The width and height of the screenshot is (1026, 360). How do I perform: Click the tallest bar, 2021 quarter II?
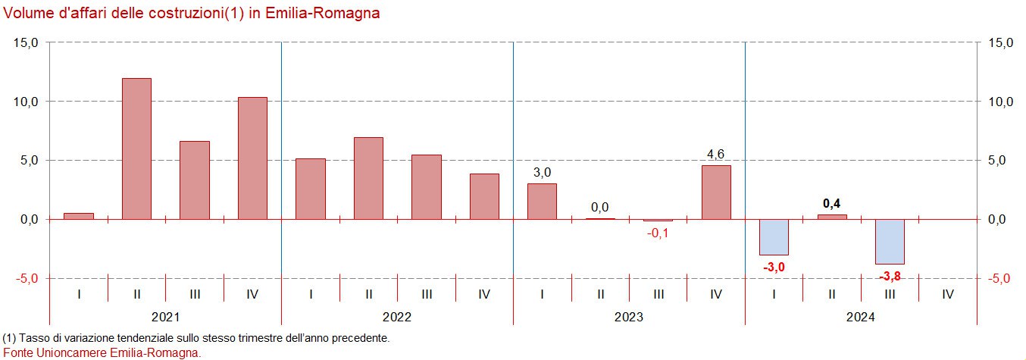136,149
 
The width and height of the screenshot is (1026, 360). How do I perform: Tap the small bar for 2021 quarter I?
79,216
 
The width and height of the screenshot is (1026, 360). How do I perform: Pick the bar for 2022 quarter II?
369,178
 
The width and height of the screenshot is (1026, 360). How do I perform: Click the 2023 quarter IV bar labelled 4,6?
716,192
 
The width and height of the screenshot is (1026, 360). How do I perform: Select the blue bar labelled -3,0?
774,237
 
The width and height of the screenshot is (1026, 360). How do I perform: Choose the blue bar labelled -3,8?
890,241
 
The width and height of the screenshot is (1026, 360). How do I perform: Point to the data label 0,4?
832,203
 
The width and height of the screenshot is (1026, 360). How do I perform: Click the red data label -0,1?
658,233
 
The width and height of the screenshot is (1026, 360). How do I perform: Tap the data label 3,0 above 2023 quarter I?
542,173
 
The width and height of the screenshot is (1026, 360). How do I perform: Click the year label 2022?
397,317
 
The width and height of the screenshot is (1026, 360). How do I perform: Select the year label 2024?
861,317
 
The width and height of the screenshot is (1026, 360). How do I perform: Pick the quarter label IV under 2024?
948,294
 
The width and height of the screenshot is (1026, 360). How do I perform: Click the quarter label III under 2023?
658,294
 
